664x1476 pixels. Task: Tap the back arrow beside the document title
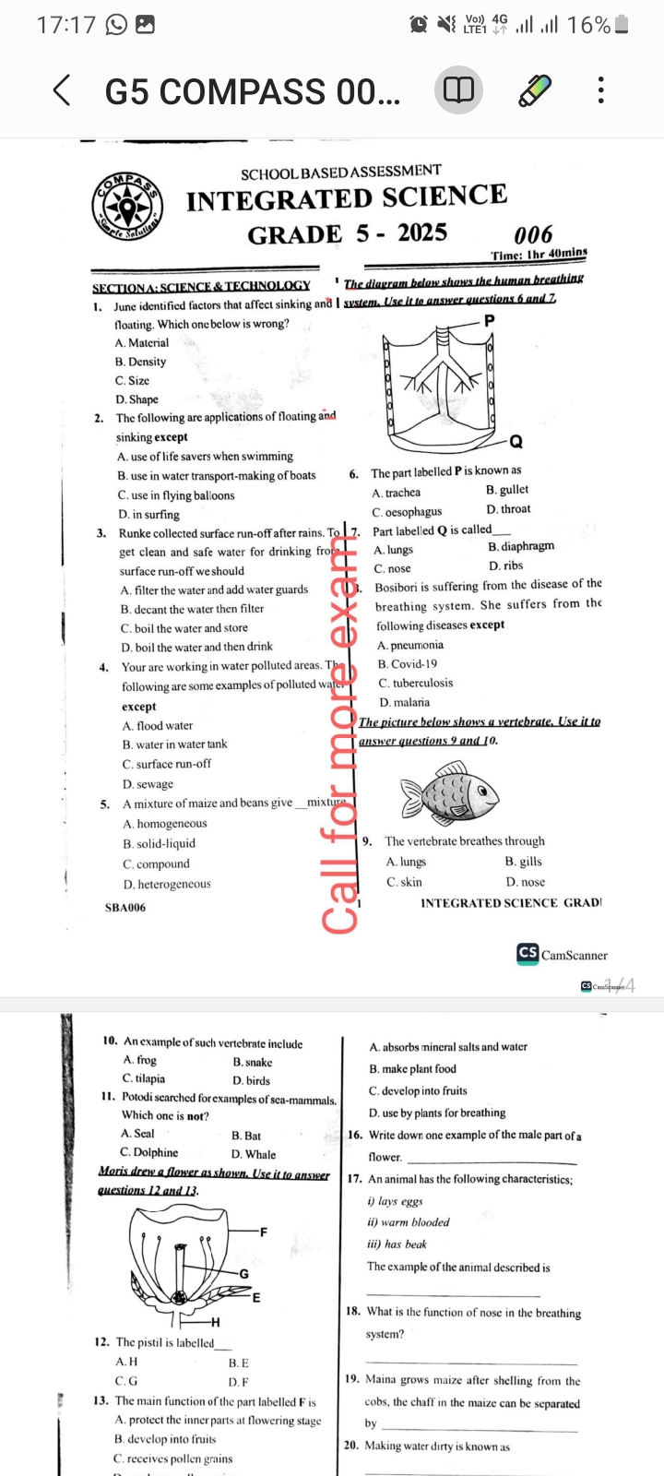tap(62, 90)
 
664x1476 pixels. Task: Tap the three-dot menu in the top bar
tap(601, 90)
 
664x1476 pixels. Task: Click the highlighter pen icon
tap(534, 90)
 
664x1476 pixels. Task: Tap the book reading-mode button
tap(458, 90)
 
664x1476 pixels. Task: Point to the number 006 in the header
tap(533, 234)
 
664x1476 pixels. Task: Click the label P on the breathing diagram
tap(489, 320)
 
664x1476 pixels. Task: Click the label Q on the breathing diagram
tap(516, 441)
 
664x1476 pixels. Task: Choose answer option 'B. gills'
tap(523, 862)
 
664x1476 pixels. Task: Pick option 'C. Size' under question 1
tap(132, 380)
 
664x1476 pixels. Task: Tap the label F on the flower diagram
tap(264, 1232)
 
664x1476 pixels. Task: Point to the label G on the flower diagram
tap(244, 1274)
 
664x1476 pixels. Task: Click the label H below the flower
tap(215, 1323)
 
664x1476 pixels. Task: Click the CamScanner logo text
tap(574, 956)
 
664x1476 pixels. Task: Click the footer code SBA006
tap(125, 908)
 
